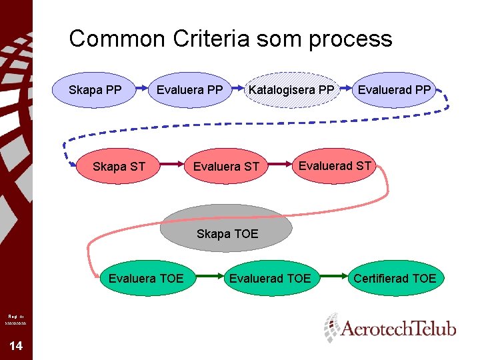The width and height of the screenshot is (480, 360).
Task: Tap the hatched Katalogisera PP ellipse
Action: coord(291,90)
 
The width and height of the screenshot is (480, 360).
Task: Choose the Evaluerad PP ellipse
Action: coord(395,90)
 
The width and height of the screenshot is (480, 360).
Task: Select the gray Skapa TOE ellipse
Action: coord(227,228)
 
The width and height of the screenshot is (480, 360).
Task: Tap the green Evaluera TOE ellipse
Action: coord(145,278)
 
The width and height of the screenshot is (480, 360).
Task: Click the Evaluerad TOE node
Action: coord(269,278)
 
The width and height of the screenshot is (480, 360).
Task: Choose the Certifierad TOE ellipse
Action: coord(395,278)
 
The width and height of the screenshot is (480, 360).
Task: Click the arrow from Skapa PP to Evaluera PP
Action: coord(145,87)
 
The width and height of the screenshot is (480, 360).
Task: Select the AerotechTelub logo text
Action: coord(399,329)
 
